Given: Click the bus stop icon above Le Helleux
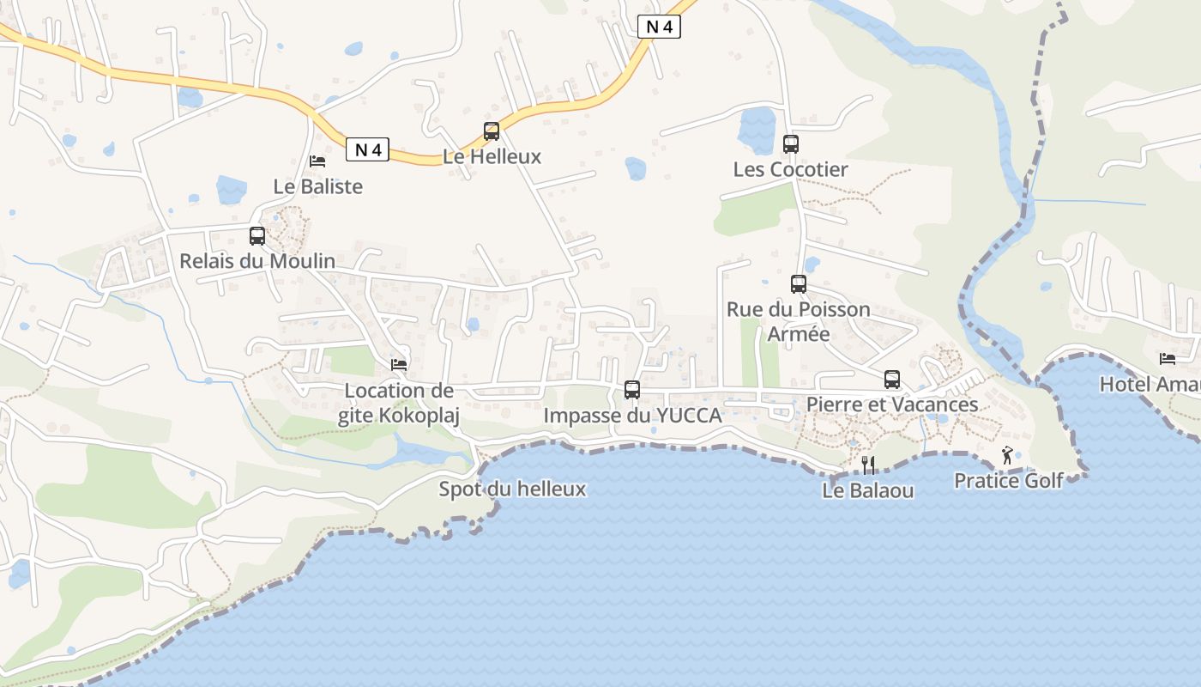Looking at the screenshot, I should [x=492, y=131].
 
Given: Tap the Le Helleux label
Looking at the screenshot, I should [x=492, y=156].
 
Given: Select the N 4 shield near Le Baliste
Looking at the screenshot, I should [x=368, y=149].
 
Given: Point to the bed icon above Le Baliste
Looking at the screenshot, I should [x=317, y=161].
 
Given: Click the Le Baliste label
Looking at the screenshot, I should [x=318, y=186].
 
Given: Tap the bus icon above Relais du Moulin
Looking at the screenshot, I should [x=257, y=236].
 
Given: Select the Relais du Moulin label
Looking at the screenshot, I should [x=257, y=260].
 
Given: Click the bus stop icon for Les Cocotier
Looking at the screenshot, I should [x=791, y=144].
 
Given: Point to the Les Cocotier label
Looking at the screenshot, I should [x=790, y=169].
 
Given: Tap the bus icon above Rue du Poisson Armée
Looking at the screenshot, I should [x=799, y=284].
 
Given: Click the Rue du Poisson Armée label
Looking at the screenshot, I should [x=799, y=321].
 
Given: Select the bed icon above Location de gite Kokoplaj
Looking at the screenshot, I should [x=399, y=365].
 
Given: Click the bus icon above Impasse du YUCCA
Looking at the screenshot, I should [x=632, y=390].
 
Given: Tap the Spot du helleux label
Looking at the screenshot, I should [x=512, y=489].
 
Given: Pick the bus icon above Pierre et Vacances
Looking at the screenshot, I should [x=892, y=380].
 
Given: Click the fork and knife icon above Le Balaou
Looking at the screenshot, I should [x=868, y=465].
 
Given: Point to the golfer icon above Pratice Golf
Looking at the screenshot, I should [x=1008, y=456].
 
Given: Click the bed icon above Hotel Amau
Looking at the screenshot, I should [x=1168, y=359].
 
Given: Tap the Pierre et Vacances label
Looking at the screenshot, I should [x=892, y=404].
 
